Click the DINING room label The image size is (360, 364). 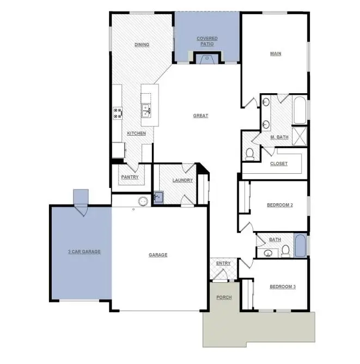142,45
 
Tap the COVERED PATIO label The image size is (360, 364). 207,41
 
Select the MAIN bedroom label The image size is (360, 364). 276,53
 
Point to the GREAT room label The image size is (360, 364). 200,116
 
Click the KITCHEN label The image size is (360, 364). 136,134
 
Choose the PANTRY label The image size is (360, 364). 130,177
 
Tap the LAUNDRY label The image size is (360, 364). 182,180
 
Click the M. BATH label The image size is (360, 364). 279,137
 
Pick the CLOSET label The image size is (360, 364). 278,163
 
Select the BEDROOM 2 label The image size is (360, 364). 280,205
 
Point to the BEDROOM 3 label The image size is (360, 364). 282,287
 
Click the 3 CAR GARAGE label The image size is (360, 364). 84,252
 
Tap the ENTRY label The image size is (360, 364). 223,264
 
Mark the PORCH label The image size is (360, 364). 223,298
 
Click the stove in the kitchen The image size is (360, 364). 118,113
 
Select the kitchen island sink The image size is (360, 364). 146,111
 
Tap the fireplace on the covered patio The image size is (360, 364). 206,58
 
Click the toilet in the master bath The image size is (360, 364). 250,154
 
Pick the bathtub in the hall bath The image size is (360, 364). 300,246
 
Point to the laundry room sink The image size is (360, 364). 157,197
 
